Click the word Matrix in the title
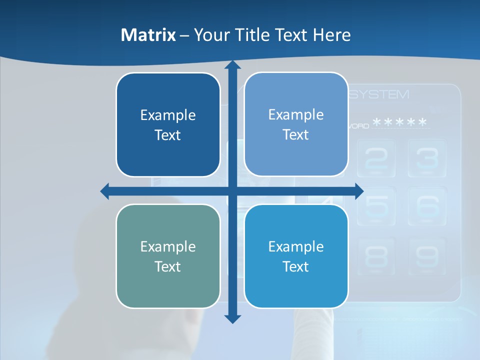(148, 35)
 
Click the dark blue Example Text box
(168, 125)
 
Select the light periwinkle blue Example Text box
(296, 124)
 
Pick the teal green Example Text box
(168, 256)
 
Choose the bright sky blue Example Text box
(296, 256)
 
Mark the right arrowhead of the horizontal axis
(359, 191)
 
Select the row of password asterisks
(400, 122)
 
